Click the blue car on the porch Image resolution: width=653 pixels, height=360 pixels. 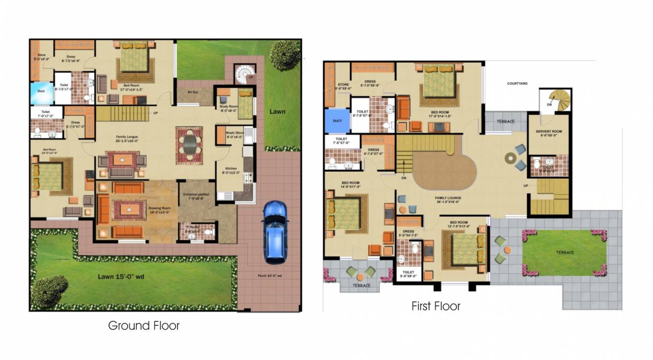[x=276, y=232]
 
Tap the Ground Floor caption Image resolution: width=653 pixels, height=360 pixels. [x=144, y=325]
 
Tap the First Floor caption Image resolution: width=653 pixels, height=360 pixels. [x=435, y=306]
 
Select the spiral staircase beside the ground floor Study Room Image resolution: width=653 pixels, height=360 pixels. [x=243, y=74]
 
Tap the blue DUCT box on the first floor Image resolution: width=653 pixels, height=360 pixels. [x=337, y=120]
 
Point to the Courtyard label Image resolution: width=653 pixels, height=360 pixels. [x=517, y=84]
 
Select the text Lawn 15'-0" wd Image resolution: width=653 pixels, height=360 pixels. [x=121, y=277]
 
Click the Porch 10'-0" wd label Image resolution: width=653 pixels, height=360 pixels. [x=270, y=275]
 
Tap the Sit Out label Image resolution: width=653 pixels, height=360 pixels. [x=193, y=91]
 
